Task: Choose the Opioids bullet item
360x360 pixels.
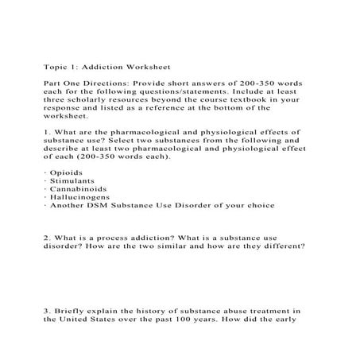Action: point(67,171)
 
